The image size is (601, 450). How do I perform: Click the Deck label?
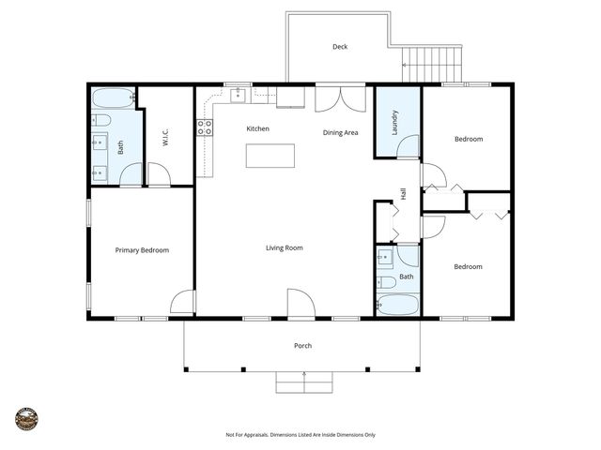point(340,47)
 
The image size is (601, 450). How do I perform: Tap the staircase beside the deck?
point(433,65)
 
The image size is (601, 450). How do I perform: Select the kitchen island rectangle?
point(270,156)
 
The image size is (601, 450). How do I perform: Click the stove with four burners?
point(204,127)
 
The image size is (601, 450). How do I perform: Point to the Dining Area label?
point(340,132)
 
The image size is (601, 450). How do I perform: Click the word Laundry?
point(395,123)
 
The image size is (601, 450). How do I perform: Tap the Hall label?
point(403,193)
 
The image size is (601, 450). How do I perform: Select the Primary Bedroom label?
point(142,250)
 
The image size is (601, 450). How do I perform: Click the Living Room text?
point(284,247)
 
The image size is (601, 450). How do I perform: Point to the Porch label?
point(302,346)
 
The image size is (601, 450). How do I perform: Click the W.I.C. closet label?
point(165,137)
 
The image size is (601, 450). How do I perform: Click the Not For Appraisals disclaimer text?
point(300,435)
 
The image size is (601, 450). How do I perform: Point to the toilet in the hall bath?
point(386,281)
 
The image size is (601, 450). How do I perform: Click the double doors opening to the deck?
point(340,98)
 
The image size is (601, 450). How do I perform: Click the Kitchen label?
point(258,128)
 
